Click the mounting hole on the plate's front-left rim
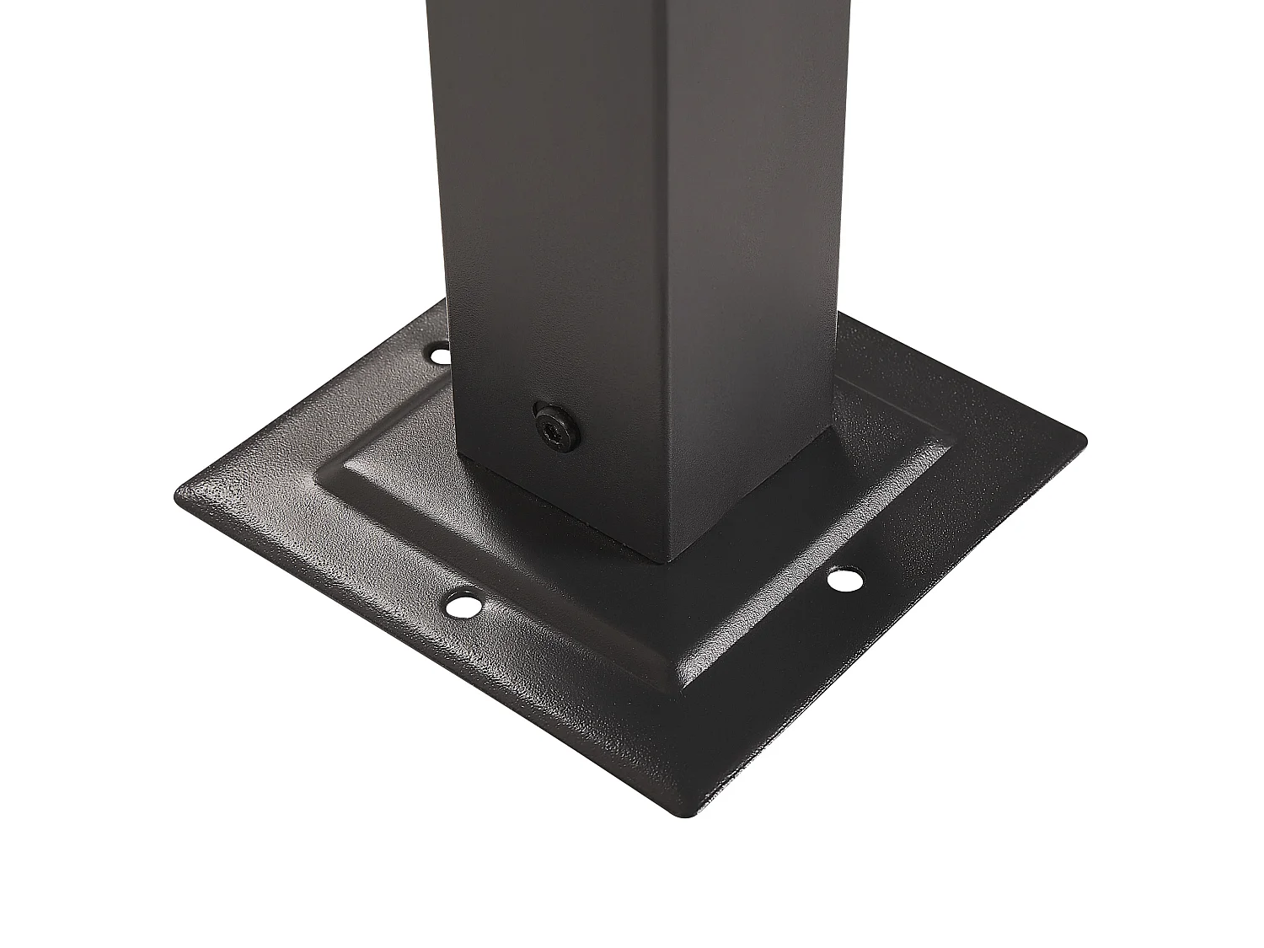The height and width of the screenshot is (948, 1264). [x=461, y=604]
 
